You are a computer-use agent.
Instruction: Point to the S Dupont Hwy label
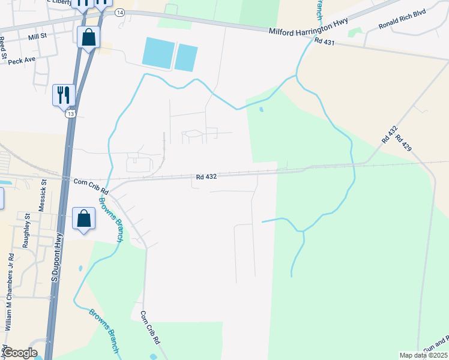pyautogui.click(x=56, y=257)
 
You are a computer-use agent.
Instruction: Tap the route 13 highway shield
pyautogui.click(x=71, y=113)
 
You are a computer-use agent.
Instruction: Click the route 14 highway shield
pyautogui.click(x=120, y=12)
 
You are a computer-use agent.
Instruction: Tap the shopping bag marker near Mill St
pyautogui.click(x=88, y=37)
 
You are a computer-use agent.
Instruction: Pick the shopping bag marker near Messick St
pyautogui.click(x=84, y=219)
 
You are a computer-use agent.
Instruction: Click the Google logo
pyautogui.click(x=20, y=353)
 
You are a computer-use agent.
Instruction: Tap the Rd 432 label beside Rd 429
pyautogui.click(x=389, y=134)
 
